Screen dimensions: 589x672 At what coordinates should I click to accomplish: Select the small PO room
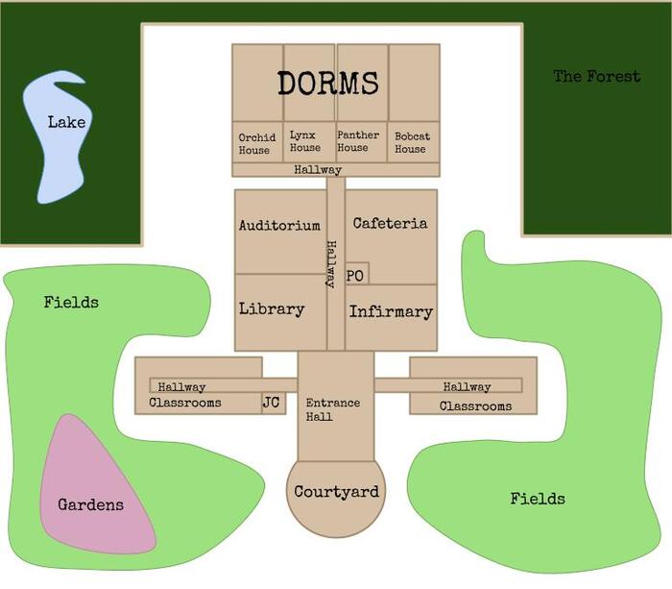[x=355, y=276]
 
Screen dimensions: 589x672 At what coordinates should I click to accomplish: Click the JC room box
[x=272, y=403]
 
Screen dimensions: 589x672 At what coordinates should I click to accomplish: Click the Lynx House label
[x=305, y=142]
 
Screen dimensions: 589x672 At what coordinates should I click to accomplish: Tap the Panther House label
[x=358, y=142]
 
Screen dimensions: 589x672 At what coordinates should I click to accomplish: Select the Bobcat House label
[x=412, y=143]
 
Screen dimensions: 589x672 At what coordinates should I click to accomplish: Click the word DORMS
[x=328, y=84]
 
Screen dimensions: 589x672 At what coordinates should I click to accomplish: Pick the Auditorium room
[x=279, y=227]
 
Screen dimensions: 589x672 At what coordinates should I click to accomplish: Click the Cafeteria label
[x=390, y=224]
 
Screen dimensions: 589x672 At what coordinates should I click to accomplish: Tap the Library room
[x=272, y=309]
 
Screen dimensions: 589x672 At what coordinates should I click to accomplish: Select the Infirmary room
[x=391, y=312]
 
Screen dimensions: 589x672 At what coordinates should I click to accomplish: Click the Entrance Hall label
[x=333, y=410]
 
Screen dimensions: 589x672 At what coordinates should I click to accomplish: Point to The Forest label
[x=596, y=76]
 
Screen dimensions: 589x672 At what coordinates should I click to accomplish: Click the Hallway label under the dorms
[x=318, y=170]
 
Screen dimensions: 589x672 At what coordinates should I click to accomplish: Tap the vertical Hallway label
[x=330, y=264]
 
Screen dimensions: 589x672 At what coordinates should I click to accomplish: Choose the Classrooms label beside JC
[x=185, y=404]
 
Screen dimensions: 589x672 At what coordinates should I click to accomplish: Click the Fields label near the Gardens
[x=71, y=303]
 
